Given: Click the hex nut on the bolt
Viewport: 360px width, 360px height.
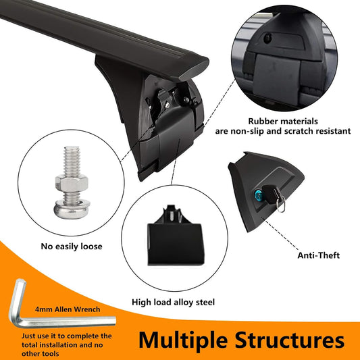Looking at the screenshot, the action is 72,183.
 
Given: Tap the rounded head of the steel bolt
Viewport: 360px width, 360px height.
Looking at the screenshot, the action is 72,209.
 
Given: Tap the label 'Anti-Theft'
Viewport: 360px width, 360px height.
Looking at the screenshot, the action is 318,255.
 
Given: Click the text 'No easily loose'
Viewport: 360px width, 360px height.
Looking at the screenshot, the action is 72,247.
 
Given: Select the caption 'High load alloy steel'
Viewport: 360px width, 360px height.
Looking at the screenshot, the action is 174,302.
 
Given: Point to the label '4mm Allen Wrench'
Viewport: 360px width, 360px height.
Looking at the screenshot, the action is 68,309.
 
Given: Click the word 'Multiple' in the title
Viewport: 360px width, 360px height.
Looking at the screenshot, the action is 183,340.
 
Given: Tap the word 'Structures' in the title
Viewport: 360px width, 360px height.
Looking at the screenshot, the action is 290,340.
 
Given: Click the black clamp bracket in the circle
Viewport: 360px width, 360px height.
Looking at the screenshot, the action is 176,236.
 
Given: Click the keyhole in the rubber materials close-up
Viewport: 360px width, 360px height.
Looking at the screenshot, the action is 267,38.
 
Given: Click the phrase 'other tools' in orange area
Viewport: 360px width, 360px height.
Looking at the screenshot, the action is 40,353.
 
